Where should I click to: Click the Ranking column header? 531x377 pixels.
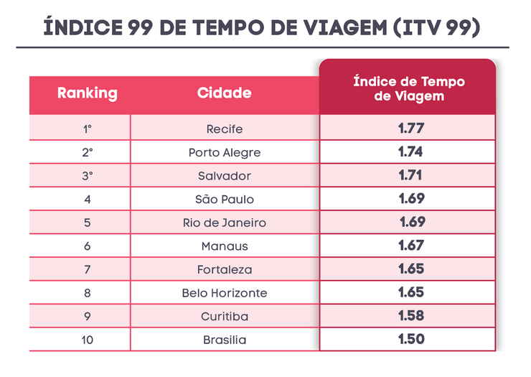tap(87, 93)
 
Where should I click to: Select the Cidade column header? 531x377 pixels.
tap(224, 93)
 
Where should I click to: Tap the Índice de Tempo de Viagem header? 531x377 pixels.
tap(409, 88)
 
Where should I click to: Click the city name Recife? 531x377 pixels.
tap(224, 129)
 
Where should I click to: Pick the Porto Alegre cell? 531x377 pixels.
tap(224, 152)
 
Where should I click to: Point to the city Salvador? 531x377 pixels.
tap(224, 176)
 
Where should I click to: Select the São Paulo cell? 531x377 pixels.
tap(224, 199)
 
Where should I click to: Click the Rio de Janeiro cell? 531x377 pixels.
tap(224, 223)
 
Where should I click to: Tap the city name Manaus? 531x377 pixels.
tap(224, 246)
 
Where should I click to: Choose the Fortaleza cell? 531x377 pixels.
tap(224, 269)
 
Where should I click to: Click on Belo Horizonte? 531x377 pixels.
tap(224, 293)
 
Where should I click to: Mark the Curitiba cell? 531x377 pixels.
tap(224, 317)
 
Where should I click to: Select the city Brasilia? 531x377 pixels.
tap(224, 340)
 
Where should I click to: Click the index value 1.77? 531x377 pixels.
tap(411, 129)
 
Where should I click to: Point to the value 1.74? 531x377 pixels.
tap(411, 152)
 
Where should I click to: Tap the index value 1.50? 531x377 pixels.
tap(411, 339)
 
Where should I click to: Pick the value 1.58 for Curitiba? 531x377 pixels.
tap(411, 315)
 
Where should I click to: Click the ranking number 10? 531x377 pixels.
tap(87, 340)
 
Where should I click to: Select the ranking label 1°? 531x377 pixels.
tap(87, 129)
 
